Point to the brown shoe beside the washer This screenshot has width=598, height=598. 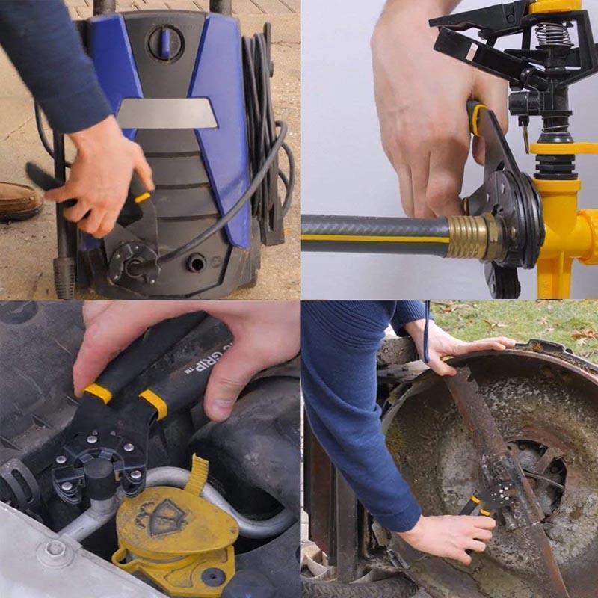(x=19, y=200)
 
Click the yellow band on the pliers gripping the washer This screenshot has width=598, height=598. (x=141, y=198)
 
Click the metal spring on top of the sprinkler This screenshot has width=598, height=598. (x=551, y=34)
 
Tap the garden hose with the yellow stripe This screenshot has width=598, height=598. (x=374, y=234)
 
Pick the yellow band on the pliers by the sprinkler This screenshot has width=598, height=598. (x=476, y=120)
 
